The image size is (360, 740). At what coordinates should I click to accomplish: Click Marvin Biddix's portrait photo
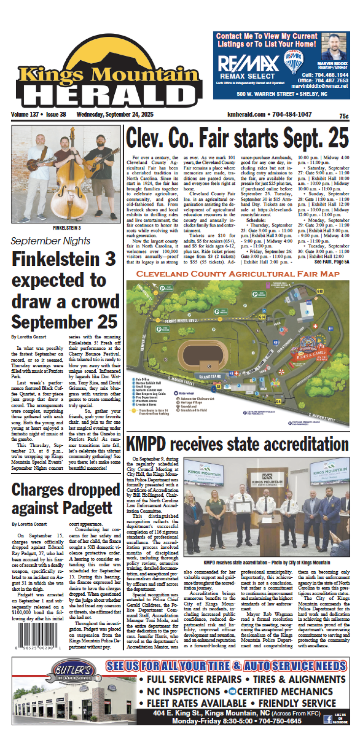coord(332,47)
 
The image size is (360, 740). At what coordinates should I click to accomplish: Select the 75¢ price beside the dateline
coord(344,116)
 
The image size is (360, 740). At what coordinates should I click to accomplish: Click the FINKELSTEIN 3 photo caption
coord(67,228)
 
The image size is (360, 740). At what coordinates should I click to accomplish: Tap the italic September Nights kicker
coord(50,241)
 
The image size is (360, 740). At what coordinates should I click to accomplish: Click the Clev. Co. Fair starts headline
coord(237,138)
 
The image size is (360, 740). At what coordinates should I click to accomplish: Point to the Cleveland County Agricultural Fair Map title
coord(238,274)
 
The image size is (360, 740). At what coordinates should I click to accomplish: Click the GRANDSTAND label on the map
coord(210,376)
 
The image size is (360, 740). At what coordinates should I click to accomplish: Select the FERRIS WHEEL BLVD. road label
coord(181,321)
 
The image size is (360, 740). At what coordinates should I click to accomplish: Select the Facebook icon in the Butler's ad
coord(328,719)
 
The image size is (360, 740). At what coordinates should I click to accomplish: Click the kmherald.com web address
coord(246,114)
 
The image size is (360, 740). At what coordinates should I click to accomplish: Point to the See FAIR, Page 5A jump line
coord(331,262)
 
